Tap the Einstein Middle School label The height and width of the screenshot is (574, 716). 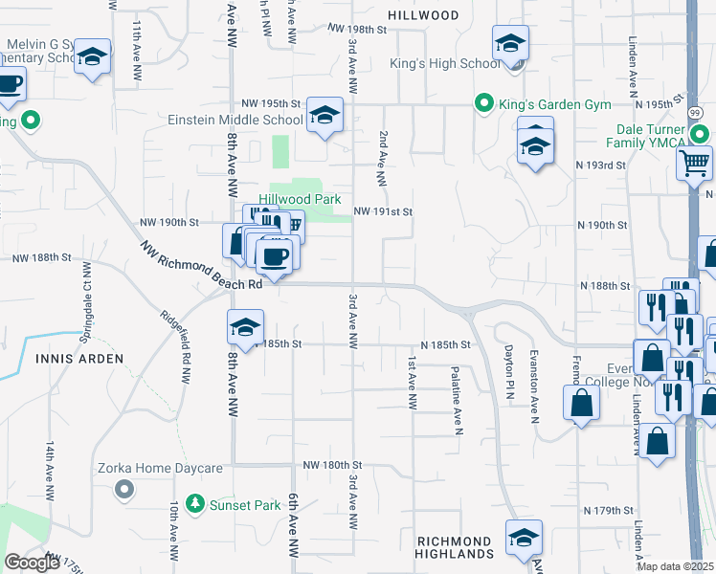[x=235, y=121]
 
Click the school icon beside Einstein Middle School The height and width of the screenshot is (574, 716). [x=324, y=118]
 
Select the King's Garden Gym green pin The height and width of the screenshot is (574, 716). [x=484, y=103]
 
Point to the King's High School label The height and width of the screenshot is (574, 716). [x=444, y=64]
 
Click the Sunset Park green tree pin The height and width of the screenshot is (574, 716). [x=195, y=503]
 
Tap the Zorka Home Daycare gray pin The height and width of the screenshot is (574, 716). [x=123, y=490]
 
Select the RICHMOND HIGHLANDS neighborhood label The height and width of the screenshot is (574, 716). [x=455, y=547]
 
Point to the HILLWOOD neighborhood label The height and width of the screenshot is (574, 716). [x=423, y=15]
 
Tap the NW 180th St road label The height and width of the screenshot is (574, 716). [x=330, y=465]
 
